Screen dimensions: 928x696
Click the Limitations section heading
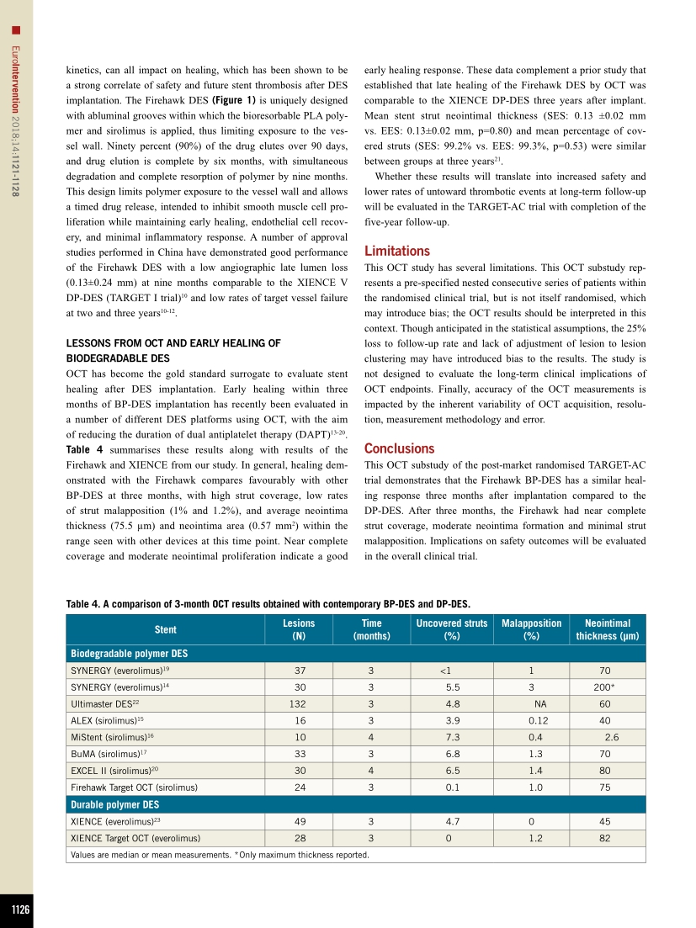(x=396, y=251)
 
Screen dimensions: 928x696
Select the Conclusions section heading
(x=399, y=448)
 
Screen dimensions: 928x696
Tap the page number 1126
(x=16, y=909)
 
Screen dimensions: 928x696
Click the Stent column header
(x=166, y=629)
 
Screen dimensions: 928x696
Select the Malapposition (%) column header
(x=531, y=629)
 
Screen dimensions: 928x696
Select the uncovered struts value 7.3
(x=452, y=737)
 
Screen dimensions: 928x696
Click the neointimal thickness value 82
(x=605, y=838)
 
